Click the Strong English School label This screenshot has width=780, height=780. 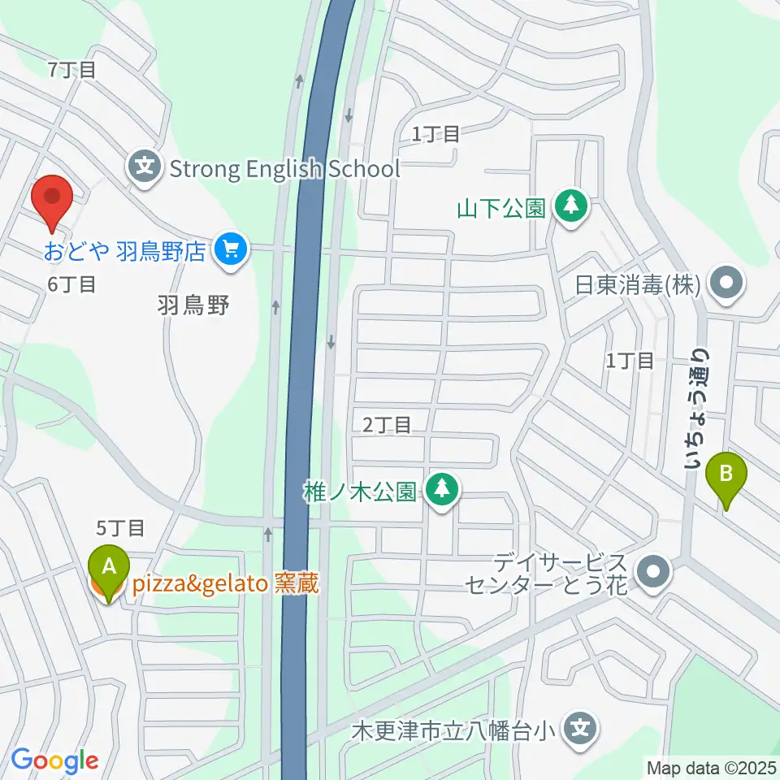(x=284, y=169)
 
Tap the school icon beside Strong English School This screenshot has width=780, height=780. (x=145, y=169)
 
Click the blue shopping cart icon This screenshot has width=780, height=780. (x=231, y=249)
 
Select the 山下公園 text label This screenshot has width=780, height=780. (x=500, y=207)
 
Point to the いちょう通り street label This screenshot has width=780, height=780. (x=697, y=410)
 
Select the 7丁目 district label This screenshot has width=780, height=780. (x=73, y=70)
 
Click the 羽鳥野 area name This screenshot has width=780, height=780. (x=193, y=305)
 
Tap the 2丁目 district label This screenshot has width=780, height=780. (x=387, y=424)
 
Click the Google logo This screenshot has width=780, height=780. (x=54, y=761)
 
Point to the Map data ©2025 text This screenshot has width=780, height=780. (x=710, y=766)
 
